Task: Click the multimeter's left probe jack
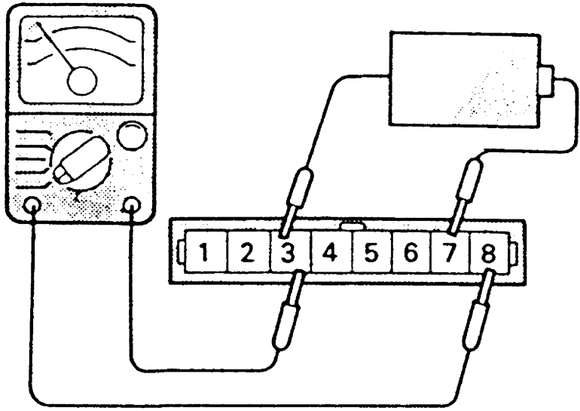(x=32, y=204)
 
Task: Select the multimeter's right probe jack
(x=133, y=204)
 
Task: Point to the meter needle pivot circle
(x=82, y=79)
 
